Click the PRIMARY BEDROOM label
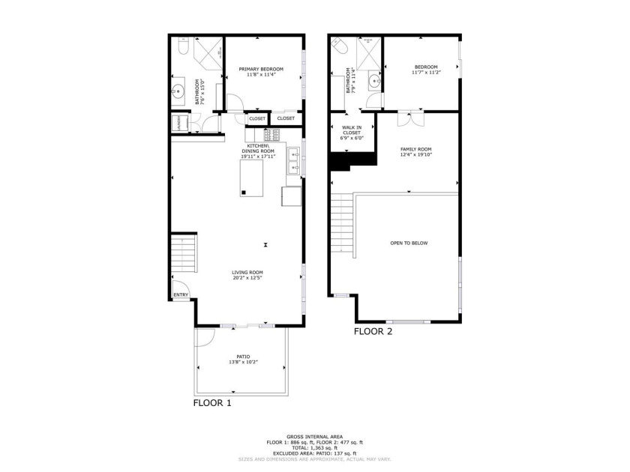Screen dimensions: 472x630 [x=261, y=69]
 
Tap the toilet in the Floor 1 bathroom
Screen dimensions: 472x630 [x=182, y=49]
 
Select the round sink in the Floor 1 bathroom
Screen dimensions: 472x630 [x=178, y=93]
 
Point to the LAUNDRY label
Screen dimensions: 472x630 [x=179, y=123]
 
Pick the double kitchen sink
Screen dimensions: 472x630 [x=295, y=163]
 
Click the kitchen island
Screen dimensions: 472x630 [x=252, y=178]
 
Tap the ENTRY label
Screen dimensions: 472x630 [x=181, y=295]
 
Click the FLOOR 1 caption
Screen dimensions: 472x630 [x=213, y=403]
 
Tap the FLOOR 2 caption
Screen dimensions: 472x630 [x=373, y=330]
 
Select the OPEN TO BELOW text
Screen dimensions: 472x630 [x=409, y=243]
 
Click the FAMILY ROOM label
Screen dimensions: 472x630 [x=415, y=149]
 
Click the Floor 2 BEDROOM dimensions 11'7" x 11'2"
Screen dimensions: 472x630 [x=424, y=73]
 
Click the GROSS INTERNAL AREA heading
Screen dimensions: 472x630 [x=314, y=437]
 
